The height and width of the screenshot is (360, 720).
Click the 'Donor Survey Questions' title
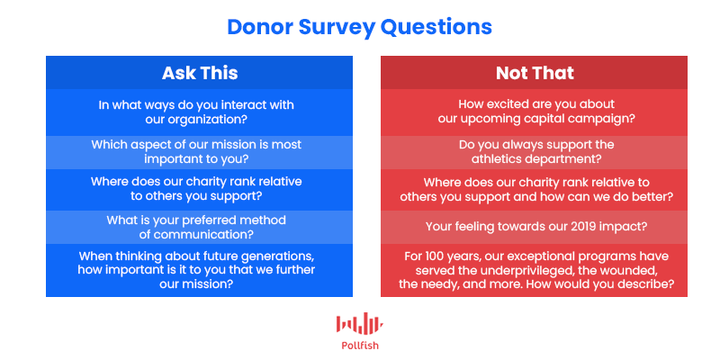click(x=359, y=27)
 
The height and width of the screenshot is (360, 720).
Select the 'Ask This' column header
click(x=200, y=73)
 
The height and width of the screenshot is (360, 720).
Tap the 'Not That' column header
click(x=535, y=73)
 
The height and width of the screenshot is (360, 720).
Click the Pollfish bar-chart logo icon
click(x=359, y=323)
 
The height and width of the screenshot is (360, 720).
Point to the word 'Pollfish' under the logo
click(x=360, y=346)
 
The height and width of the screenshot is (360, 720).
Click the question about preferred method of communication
click(x=196, y=228)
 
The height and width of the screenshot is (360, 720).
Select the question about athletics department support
click(x=536, y=152)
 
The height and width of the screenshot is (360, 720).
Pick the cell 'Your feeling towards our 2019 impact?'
click(x=534, y=227)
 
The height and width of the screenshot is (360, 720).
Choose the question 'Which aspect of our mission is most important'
click(x=196, y=152)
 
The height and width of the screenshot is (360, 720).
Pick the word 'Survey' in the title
click(x=337, y=28)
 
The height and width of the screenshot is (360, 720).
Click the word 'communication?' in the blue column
click(x=204, y=235)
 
